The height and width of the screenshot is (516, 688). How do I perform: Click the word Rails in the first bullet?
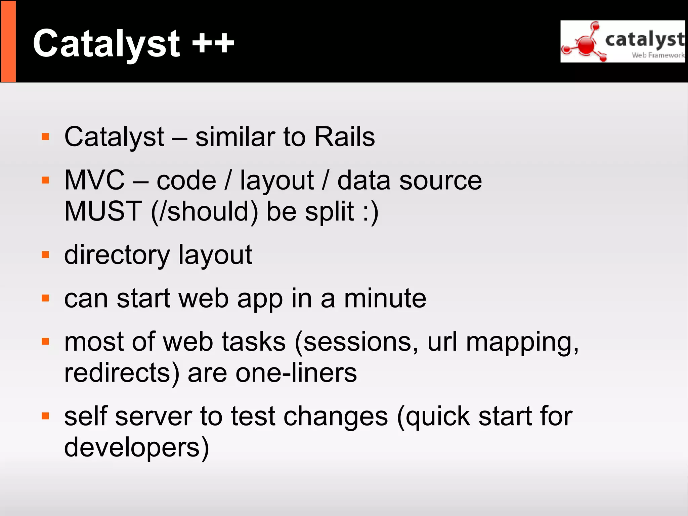click(344, 137)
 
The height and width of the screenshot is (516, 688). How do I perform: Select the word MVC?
click(94, 181)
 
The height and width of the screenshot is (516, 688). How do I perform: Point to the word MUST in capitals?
click(103, 211)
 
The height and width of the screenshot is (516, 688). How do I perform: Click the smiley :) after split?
click(371, 212)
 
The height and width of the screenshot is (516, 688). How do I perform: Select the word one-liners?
click(296, 373)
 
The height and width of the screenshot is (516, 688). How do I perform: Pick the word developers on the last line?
click(136, 447)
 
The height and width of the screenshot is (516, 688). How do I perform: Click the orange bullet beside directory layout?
click(45, 255)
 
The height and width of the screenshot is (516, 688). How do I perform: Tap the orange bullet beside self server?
click(45, 416)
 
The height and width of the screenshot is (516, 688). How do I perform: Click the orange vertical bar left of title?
click(8, 41)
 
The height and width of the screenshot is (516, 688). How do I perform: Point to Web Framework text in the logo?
click(658, 55)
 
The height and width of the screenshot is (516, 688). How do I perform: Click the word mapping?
click(522, 343)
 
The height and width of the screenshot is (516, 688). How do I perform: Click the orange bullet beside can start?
click(45, 298)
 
